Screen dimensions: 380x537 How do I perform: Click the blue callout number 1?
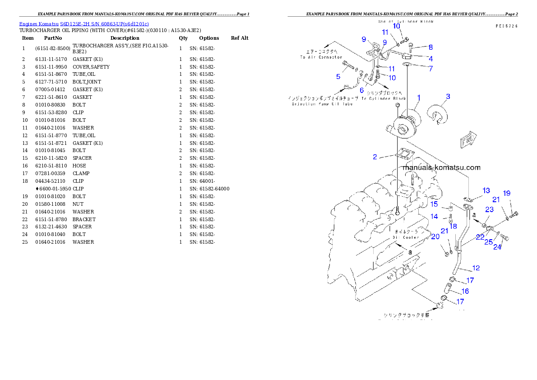pyautogui.click(x=419, y=97)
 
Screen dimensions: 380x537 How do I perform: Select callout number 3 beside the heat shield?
pyautogui.click(x=448, y=96)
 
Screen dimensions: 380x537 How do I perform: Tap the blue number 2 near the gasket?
pyautogui.click(x=375, y=157)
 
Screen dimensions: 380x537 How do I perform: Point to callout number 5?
pyautogui.click(x=338, y=77)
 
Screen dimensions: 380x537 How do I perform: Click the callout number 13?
pyautogui.click(x=486, y=190)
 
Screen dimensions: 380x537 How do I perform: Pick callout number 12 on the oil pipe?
pyautogui.click(x=476, y=268)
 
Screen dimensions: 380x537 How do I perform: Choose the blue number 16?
pyautogui.click(x=465, y=291)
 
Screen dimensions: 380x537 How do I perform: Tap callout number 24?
pyautogui.click(x=497, y=247)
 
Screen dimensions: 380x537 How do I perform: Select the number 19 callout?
pyautogui.click(x=507, y=193)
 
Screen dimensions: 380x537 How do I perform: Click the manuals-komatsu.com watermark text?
pyautogui.click(x=441, y=167)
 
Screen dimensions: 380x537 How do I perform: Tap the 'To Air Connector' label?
pyautogui.click(x=321, y=57)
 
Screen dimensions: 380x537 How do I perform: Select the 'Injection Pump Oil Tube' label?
pyautogui.click(x=322, y=104)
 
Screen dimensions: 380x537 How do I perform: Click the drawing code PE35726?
pyautogui.click(x=506, y=26)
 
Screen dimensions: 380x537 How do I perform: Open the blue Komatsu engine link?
pyautogui.click(x=84, y=23)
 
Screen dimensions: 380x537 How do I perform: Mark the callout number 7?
pyautogui.click(x=431, y=69)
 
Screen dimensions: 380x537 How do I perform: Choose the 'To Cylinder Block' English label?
pyautogui.click(x=387, y=98)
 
